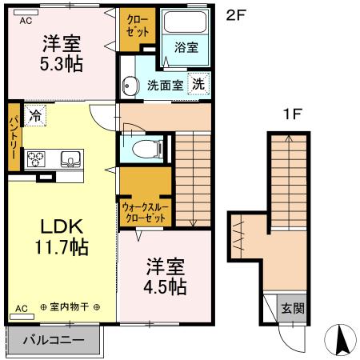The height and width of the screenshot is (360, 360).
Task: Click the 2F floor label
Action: [x=234, y=14]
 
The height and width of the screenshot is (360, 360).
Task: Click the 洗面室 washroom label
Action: [x=163, y=86]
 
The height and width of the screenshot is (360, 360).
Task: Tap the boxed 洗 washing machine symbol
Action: [x=197, y=83]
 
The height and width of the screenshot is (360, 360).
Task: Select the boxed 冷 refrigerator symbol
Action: [x=34, y=114]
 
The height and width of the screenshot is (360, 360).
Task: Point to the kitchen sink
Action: [x=70, y=158]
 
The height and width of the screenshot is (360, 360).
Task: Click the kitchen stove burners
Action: [x=38, y=158]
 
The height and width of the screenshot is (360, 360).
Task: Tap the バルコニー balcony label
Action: [x=54, y=341]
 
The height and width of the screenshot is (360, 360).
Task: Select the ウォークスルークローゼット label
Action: [x=144, y=212]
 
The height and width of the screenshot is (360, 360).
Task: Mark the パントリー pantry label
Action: [x=14, y=136]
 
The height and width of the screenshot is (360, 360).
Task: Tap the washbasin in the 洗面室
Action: [x=129, y=84]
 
